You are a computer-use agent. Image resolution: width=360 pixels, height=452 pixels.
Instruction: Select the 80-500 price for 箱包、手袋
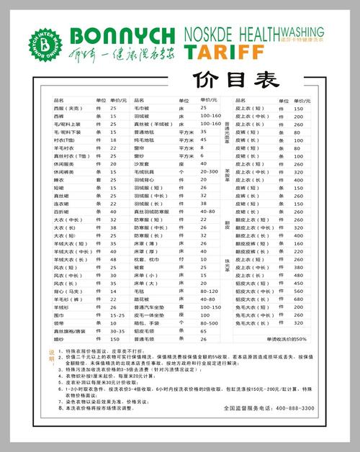210,322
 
